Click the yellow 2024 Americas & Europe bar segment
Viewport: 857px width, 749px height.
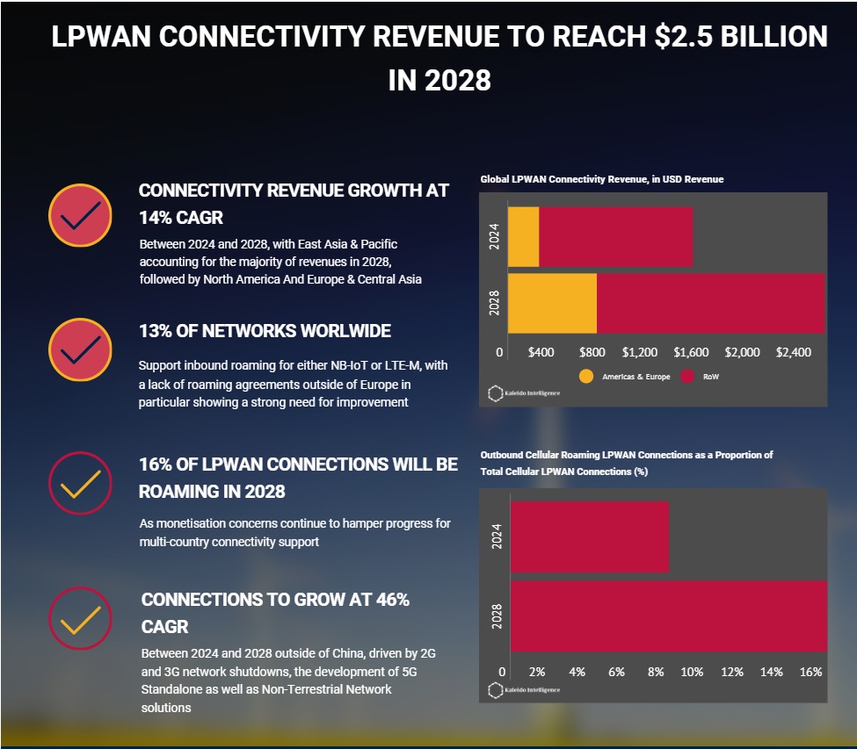[x=523, y=237]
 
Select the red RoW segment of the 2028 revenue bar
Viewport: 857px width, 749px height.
[x=710, y=304]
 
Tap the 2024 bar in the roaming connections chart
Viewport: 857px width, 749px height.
[x=589, y=537]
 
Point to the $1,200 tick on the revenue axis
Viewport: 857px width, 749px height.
[x=640, y=352]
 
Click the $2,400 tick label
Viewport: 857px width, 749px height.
[x=794, y=352]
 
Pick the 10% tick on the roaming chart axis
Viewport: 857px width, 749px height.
[x=693, y=672]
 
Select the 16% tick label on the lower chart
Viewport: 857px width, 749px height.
[x=811, y=672]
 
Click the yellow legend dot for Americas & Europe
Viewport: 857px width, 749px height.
[x=587, y=377]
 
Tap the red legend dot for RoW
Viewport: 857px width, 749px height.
[x=687, y=377]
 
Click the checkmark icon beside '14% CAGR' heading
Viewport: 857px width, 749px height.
[x=80, y=215]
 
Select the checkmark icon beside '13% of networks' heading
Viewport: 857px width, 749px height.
[x=80, y=349]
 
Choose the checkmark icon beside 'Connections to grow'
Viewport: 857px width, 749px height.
[x=80, y=618]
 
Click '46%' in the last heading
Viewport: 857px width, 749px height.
[x=388, y=600]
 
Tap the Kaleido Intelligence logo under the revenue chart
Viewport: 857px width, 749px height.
[x=525, y=393]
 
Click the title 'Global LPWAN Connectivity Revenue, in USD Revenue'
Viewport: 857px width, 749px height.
[x=601, y=179]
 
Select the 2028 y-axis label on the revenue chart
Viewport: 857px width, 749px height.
[x=495, y=303]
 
